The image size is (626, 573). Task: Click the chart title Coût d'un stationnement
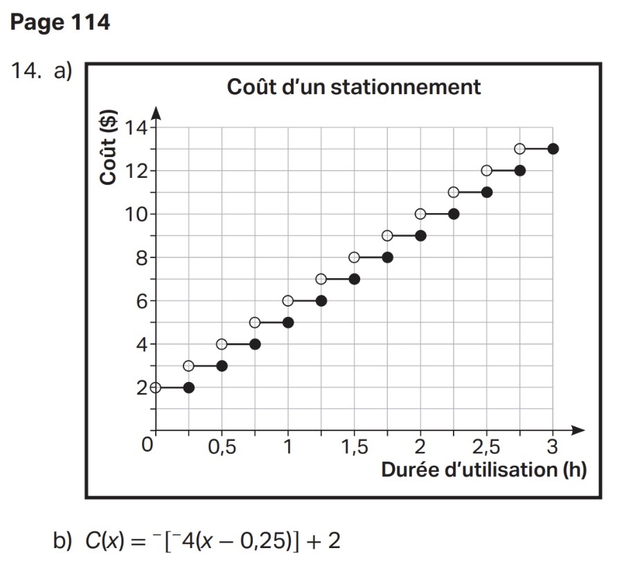(x=354, y=87)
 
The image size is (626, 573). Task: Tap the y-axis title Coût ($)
(x=108, y=149)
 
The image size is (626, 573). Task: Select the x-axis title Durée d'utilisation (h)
(x=484, y=470)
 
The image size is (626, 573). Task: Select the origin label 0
(x=146, y=444)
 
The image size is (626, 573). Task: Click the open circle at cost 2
(x=155, y=388)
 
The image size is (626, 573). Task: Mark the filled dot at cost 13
(x=553, y=149)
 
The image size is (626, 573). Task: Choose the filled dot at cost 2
(x=188, y=388)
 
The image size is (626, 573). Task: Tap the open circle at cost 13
(x=520, y=149)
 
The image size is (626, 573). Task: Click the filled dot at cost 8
(x=387, y=257)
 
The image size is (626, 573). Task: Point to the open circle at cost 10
(x=420, y=214)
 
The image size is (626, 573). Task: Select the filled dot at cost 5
(x=288, y=322)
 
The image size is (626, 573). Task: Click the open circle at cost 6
(x=288, y=300)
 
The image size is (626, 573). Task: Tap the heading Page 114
(x=60, y=23)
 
